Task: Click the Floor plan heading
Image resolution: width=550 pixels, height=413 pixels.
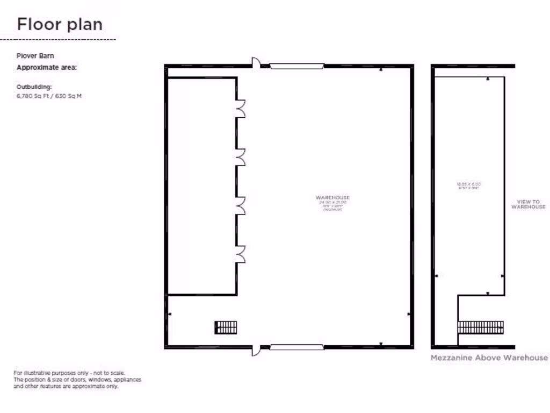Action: tap(60, 24)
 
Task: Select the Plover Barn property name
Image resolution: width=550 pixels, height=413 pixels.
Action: tap(35, 55)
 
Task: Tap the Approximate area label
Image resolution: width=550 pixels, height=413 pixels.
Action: tap(47, 67)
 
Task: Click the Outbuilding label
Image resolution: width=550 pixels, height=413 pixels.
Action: tap(34, 86)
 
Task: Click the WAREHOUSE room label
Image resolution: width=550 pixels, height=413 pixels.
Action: tap(333, 198)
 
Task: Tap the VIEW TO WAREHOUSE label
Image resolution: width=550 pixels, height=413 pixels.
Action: tap(528, 204)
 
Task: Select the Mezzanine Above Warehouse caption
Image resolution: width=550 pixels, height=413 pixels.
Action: tap(489, 358)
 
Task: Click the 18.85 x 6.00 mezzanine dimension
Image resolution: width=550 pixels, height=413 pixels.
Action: tap(469, 184)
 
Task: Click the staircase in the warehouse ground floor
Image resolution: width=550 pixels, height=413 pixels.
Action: tap(226, 327)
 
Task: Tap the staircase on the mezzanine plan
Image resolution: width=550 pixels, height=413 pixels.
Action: tap(481, 327)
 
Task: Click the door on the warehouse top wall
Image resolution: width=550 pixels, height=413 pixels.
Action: tap(256, 63)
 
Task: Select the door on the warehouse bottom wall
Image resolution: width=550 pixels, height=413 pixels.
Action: tap(256, 350)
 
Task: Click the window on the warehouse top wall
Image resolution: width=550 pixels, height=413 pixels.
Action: tap(296, 66)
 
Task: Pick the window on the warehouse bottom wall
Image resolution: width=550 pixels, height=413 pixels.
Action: tap(296, 347)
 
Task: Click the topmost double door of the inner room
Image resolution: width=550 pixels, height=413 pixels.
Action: tap(241, 109)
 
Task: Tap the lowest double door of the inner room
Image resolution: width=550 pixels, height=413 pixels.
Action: tap(241, 254)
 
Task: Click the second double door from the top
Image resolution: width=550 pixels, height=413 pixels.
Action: tap(241, 158)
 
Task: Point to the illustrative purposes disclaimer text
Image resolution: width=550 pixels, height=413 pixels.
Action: tap(77, 379)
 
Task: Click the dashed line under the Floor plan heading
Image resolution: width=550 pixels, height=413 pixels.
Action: tap(58, 39)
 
